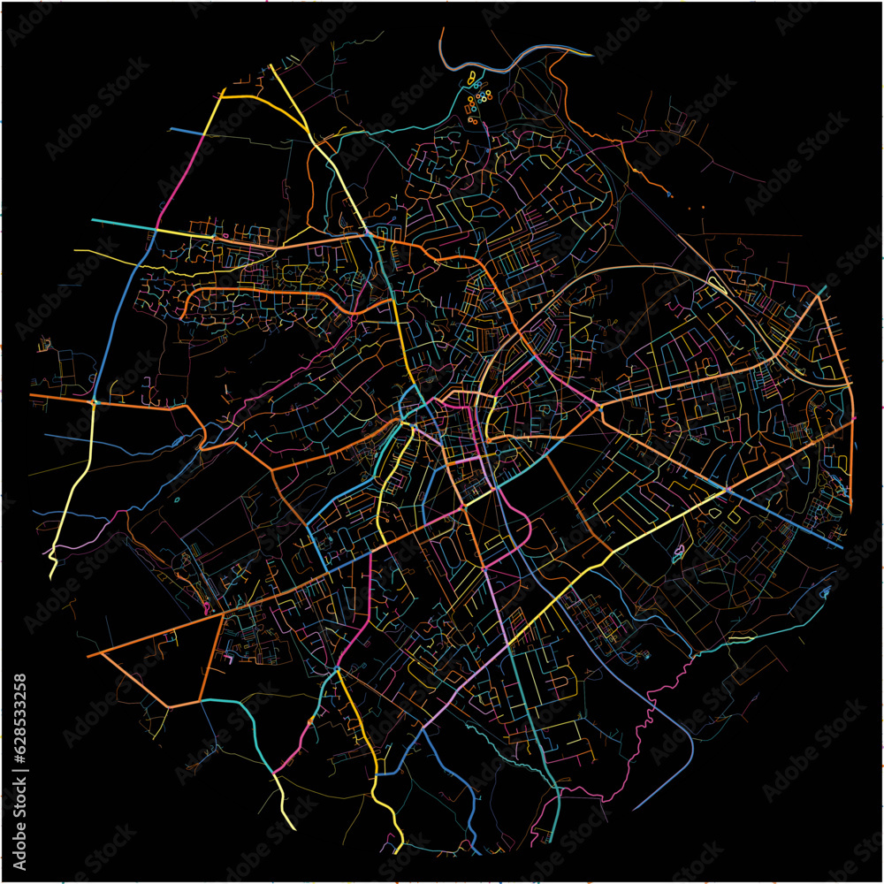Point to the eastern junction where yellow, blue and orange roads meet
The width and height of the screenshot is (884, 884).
[727, 489]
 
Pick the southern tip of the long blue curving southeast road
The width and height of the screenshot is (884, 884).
[635, 808]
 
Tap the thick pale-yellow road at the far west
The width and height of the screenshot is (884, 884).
[75, 495]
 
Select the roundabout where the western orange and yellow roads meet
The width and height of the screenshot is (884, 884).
[95, 402]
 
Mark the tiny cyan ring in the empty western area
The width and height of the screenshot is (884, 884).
[177, 500]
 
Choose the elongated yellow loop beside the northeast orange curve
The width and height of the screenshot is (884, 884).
[718, 285]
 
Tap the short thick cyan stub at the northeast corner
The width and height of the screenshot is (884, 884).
[821, 291]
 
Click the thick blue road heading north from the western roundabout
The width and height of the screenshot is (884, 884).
[115, 318]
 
